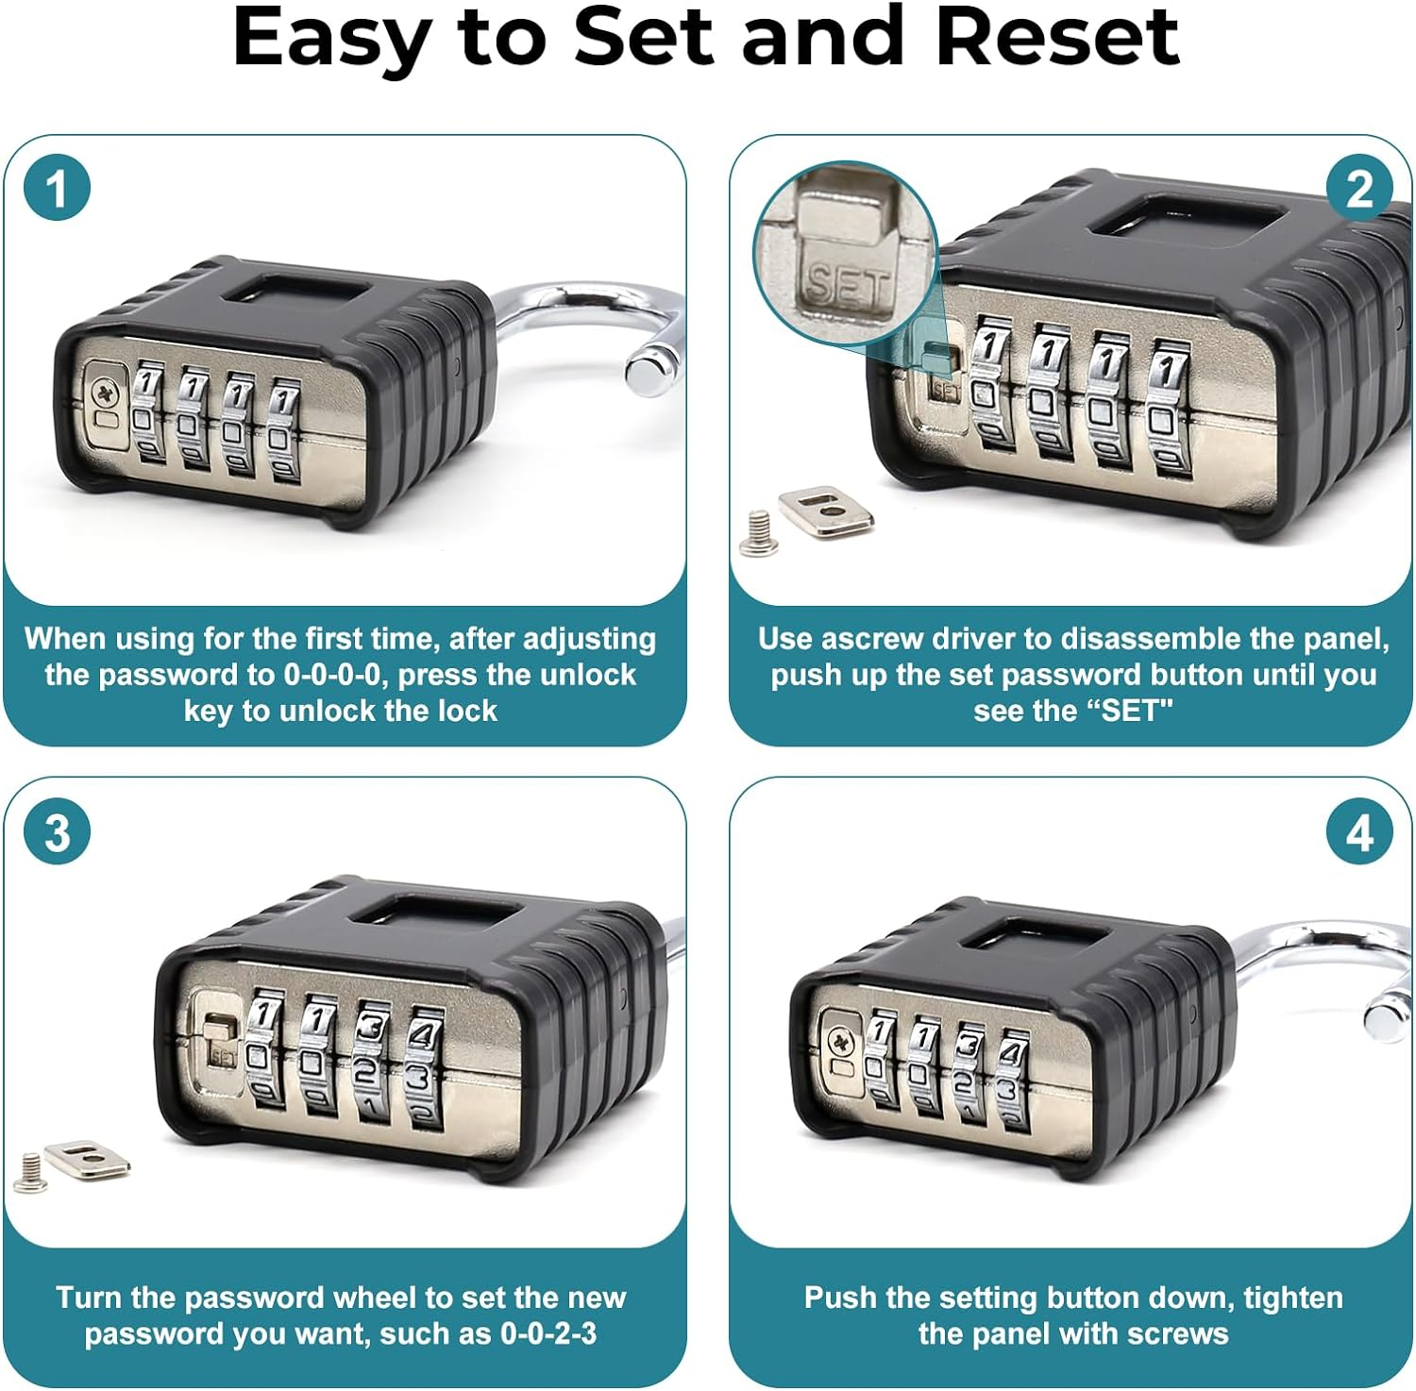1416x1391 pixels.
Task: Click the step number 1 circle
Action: pyautogui.click(x=57, y=188)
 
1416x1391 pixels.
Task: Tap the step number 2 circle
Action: pyautogui.click(x=1359, y=188)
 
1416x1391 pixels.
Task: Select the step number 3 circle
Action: pyautogui.click(x=57, y=832)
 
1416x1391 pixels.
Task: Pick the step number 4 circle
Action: pyautogui.click(x=1359, y=832)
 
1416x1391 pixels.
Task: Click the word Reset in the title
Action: pyautogui.click(x=1056, y=38)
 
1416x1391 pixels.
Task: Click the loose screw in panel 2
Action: pyautogui.click(x=758, y=531)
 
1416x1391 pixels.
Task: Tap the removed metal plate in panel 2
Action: pyautogui.click(x=824, y=511)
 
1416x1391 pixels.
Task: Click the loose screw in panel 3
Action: pyautogui.click(x=30, y=1170)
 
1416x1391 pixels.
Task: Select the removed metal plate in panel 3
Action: pyautogui.click(x=87, y=1160)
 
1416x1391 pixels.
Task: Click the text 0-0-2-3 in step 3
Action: pyautogui.click(x=548, y=1333)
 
